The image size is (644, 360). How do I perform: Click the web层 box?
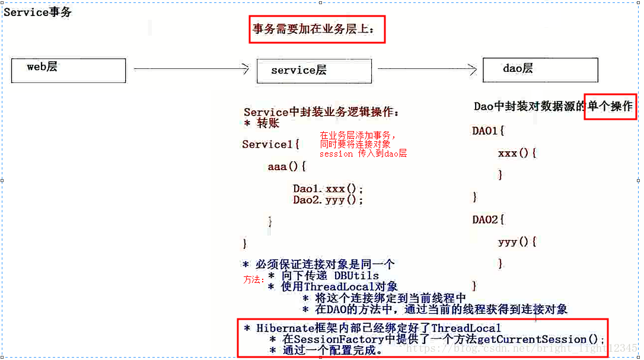click(68, 71)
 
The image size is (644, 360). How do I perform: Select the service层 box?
click(314, 71)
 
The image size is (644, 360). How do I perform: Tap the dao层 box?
click(540, 69)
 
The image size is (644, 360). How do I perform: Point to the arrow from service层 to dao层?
click(427, 69)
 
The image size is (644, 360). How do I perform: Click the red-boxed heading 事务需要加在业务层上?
click(317, 29)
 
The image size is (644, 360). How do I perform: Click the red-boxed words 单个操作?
click(610, 107)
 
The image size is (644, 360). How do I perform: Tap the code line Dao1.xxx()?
click(328, 189)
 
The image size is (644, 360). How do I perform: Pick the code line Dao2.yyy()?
click(328, 200)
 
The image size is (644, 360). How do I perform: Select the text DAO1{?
click(489, 130)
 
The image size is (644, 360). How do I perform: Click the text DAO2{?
click(489, 220)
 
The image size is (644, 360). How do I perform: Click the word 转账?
click(268, 123)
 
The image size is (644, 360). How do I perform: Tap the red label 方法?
click(254, 279)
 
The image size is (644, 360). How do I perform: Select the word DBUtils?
click(356, 276)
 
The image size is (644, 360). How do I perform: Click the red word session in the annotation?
click(336, 154)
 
